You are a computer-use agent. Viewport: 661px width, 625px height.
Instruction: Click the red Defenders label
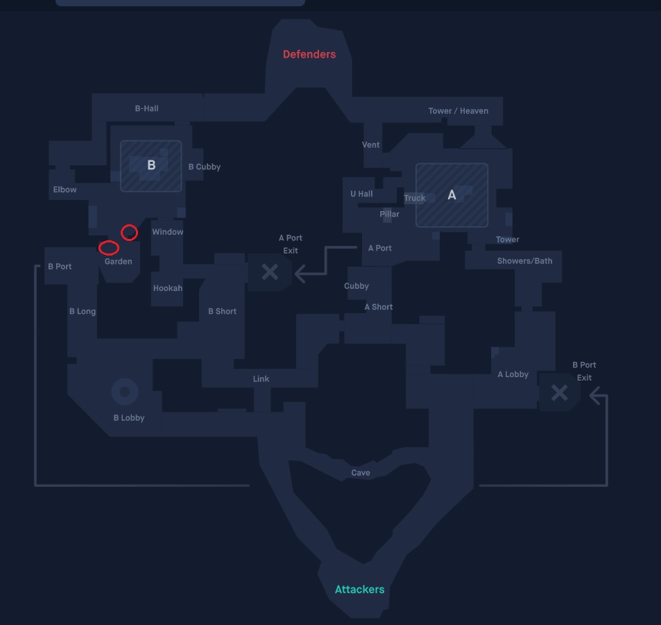[309, 54]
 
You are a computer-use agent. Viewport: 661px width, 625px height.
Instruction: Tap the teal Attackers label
[359, 589]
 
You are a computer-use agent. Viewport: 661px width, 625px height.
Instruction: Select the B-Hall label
[147, 108]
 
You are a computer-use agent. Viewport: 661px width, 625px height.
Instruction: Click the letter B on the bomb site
[151, 165]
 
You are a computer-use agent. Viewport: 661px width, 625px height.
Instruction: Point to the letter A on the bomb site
[452, 194]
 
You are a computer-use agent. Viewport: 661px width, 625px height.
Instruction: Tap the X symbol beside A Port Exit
[270, 272]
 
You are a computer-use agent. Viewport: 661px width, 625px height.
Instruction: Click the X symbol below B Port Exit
[560, 392]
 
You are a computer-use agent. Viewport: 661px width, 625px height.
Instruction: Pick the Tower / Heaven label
[458, 111]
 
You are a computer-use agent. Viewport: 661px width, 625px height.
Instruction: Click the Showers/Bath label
[524, 261]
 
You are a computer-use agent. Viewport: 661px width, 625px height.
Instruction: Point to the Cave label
[361, 473]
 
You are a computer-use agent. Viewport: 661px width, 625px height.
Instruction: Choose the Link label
[261, 379]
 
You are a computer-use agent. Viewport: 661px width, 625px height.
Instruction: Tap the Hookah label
[168, 288]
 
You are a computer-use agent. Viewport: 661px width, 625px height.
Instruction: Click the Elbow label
[65, 190]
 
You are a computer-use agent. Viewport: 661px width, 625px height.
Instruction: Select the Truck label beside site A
[415, 198]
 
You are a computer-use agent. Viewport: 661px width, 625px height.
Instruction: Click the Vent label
[370, 144]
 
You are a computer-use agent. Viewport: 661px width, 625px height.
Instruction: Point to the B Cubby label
[205, 167]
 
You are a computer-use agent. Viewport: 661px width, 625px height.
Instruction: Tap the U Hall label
[361, 194]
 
